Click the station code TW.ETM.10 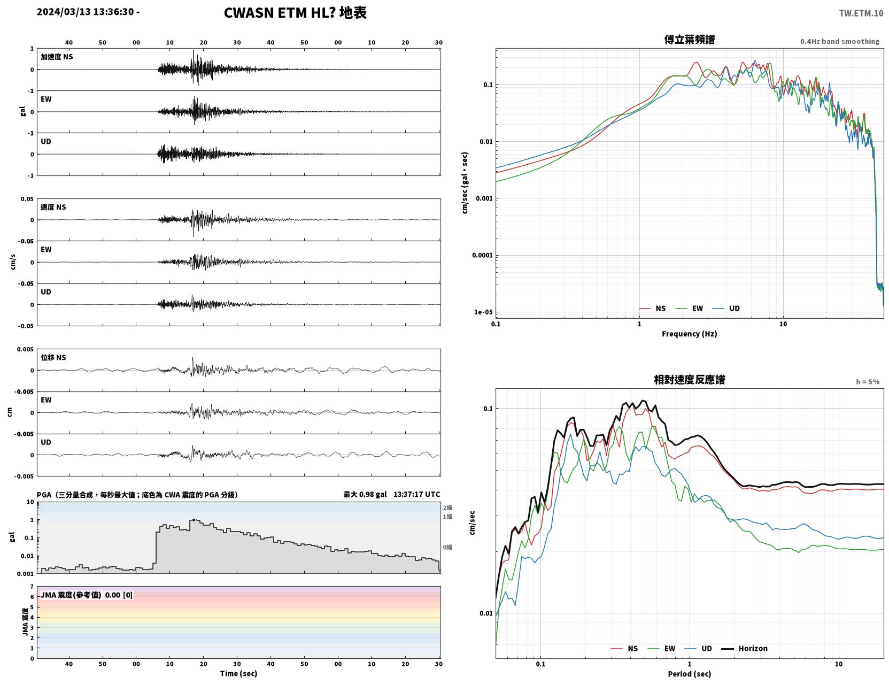click(x=861, y=13)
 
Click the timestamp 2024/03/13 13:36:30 click(x=86, y=12)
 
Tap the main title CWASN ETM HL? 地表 click(x=295, y=13)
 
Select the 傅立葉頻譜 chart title click(x=690, y=40)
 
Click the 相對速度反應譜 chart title click(x=690, y=380)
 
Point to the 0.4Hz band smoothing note click(x=839, y=41)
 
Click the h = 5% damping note click(x=867, y=382)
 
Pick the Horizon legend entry click(x=744, y=648)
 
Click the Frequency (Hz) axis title click(x=690, y=334)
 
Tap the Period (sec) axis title click(x=690, y=674)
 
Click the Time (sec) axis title click(x=238, y=673)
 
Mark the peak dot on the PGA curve click(x=194, y=520)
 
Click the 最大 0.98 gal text click(x=365, y=494)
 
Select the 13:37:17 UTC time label click(x=417, y=494)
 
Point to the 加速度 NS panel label click(x=57, y=57)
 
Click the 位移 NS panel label click(x=53, y=358)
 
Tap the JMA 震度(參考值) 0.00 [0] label click(x=86, y=595)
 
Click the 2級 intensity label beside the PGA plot click(x=447, y=508)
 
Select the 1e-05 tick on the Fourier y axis click(x=483, y=312)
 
